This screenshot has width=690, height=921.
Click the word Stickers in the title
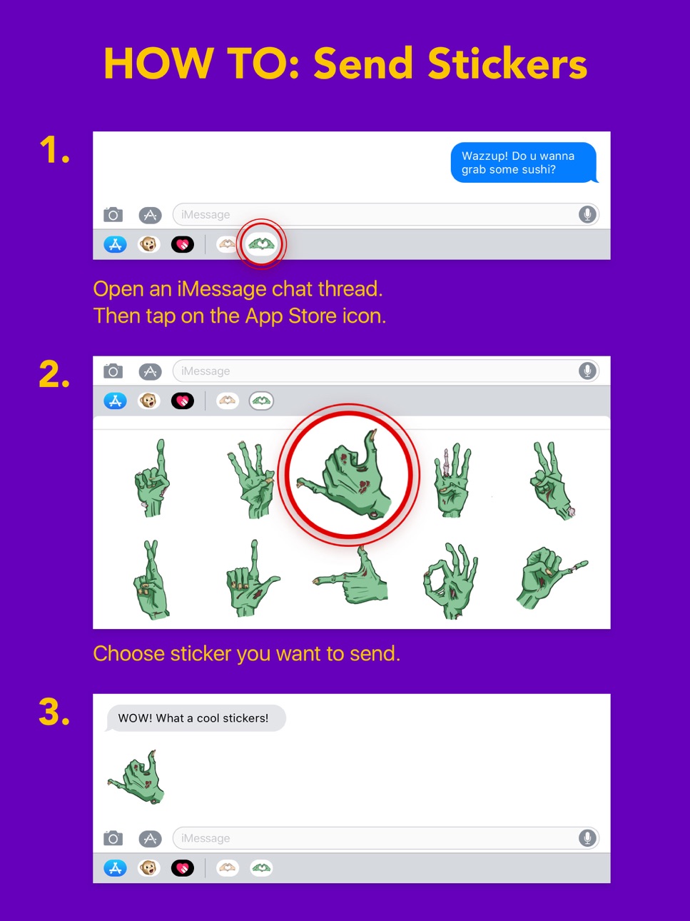[507, 64]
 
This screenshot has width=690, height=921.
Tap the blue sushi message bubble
[524, 162]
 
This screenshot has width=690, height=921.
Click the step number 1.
[54, 150]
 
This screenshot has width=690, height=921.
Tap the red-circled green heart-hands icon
[261, 243]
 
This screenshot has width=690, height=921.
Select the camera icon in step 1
[113, 215]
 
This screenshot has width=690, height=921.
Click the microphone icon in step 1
[587, 214]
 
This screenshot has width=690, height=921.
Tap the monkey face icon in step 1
[149, 244]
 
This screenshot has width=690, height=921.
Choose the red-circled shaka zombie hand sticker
[346, 475]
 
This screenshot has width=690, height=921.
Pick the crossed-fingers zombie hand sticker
[151, 580]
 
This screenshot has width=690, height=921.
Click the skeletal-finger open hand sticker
[452, 480]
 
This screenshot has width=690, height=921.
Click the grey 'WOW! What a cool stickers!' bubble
[196, 718]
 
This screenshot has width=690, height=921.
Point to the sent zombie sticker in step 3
[136, 777]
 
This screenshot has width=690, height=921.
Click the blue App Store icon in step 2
[116, 401]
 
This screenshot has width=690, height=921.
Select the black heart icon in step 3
[183, 868]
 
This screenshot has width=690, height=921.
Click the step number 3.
[54, 712]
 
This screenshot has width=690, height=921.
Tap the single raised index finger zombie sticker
[152, 478]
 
